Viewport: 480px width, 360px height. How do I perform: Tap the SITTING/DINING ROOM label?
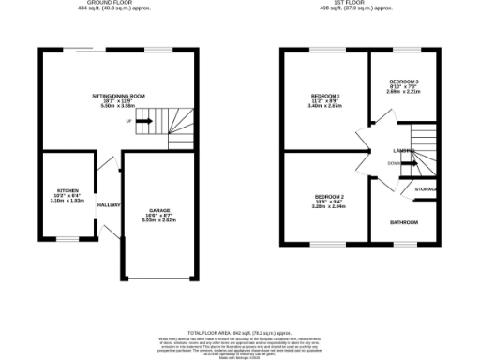[117, 96]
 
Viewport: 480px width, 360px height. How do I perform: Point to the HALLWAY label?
[110, 203]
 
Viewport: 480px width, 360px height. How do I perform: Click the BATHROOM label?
[404, 222]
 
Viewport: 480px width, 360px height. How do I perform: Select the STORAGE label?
[426, 190]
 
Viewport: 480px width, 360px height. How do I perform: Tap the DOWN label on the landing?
[393, 163]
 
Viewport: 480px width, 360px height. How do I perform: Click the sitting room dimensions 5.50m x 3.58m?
[117, 107]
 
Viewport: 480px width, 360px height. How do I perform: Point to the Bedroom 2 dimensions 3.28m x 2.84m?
[329, 206]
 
